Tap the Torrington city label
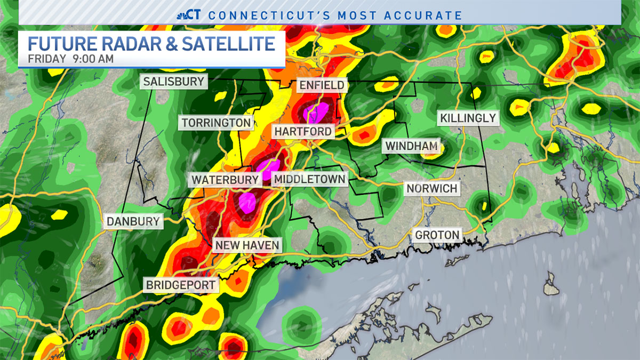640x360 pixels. tap(216, 123)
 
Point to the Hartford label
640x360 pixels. tap(303, 131)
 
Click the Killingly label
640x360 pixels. tap(468, 118)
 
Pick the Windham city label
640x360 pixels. tap(411, 146)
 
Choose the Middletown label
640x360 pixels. tap(309, 179)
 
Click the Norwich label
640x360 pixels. tap(432, 189)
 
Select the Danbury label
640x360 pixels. tap(133, 221)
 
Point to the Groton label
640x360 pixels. tap(437, 235)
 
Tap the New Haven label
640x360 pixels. tap(246, 245)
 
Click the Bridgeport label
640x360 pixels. tap(182, 285)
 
